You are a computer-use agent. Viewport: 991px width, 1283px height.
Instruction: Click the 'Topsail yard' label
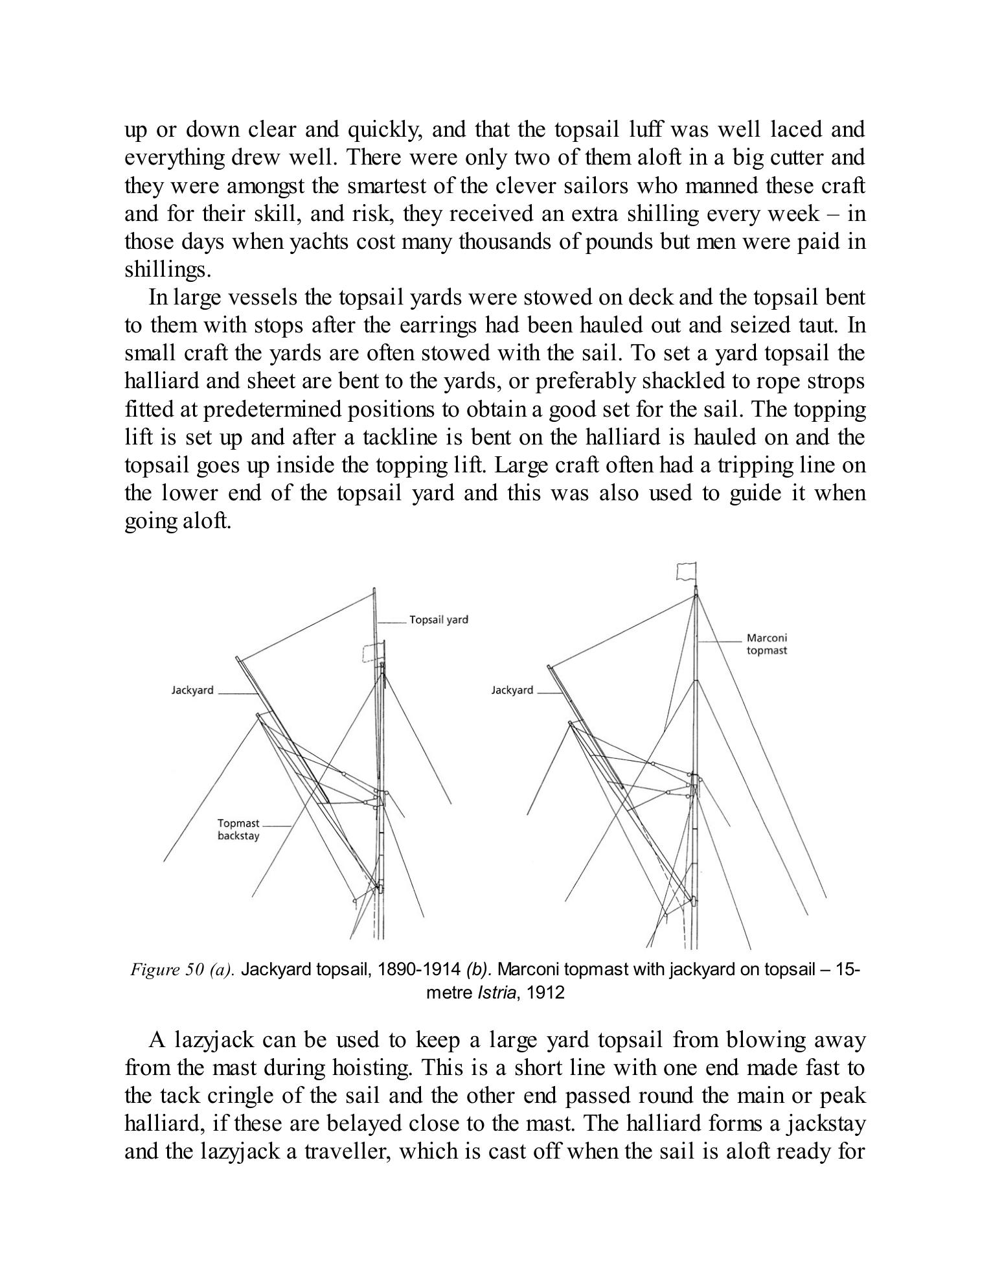(x=439, y=619)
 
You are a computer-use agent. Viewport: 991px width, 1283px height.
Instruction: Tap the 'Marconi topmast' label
(x=766, y=644)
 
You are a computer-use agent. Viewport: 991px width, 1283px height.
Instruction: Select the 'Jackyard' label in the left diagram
(x=192, y=690)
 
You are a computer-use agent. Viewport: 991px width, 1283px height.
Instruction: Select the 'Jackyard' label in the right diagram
(x=512, y=690)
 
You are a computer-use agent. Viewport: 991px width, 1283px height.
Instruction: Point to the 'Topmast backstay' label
(x=238, y=829)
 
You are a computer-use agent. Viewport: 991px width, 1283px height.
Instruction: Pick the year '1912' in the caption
(x=546, y=992)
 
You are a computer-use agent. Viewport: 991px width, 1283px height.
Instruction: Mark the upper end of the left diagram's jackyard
(x=238, y=658)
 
